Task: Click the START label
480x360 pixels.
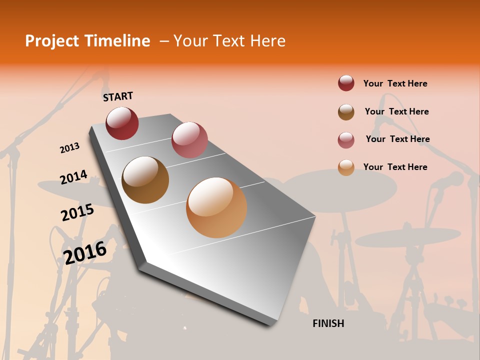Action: coord(118,96)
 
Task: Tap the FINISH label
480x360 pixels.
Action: coord(328,323)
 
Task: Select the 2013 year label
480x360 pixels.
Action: coord(70,148)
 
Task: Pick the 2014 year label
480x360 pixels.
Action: coord(73,177)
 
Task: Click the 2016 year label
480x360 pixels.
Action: coord(85,252)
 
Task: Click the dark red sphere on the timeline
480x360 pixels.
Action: coord(122,123)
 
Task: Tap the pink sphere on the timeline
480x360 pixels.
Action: coord(189,139)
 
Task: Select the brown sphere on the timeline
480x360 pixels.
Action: coord(145,180)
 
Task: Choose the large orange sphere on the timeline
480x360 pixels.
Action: coord(216,207)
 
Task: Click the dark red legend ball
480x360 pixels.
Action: coord(346,83)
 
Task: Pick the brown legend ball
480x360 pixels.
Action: coord(346,112)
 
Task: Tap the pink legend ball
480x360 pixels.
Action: coord(346,140)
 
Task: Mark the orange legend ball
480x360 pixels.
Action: coord(346,167)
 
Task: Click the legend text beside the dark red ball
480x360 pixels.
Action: coord(395,83)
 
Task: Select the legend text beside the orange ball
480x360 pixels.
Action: coord(395,167)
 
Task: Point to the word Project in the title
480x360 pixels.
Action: coord(51,41)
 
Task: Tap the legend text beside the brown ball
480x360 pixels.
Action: coord(396,111)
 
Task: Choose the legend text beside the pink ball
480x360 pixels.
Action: coord(397,139)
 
